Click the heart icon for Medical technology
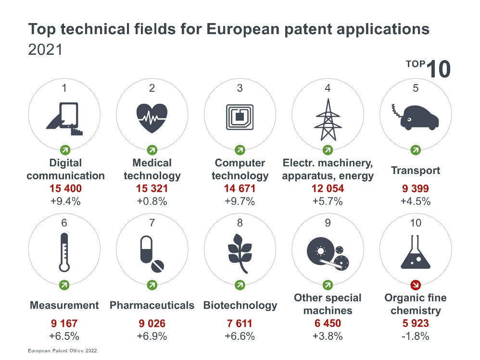point(152,117)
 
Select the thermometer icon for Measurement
point(64,254)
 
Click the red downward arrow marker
point(416,285)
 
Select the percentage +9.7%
point(240,201)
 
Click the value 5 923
point(416,323)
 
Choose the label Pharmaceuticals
point(152,305)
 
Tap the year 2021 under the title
point(45,50)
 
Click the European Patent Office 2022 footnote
point(62,351)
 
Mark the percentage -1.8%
point(416,336)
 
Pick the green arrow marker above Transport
point(416,149)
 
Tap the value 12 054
point(328,189)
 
